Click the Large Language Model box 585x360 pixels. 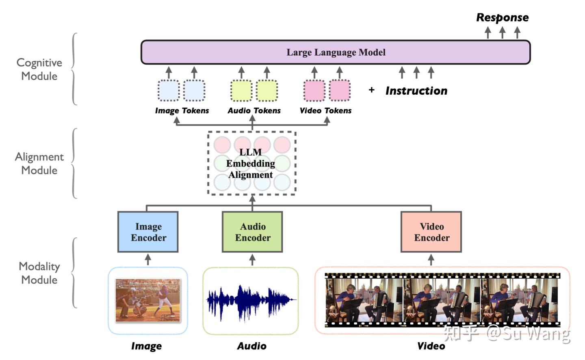click(x=336, y=52)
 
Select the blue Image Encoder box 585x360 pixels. click(x=148, y=232)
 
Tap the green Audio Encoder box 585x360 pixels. click(x=252, y=232)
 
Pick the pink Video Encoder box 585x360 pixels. click(x=431, y=232)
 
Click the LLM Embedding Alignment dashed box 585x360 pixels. click(x=252, y=163)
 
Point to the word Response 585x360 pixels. click(x=502, y=17)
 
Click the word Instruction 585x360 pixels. click(x=416, y=91)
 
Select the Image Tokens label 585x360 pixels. click(x=182, y=111)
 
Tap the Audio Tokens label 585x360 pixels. click(x=254, y=111)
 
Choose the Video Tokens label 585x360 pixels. click(x=325, y=111)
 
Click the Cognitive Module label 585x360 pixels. click(x=39, y=69)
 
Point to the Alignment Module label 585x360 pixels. click(x=39, y=163)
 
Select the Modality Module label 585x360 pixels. click(x=39, y=273)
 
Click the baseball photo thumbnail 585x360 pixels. click(x=148, y=300)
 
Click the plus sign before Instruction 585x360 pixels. click(x=371, y=90)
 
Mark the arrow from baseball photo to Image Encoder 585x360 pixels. click(x=148, y=259)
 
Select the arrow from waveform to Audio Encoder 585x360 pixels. click(x=252, y=259)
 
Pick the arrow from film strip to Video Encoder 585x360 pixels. click(x=431, y=259)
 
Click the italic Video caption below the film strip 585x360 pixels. click(x=431, y=346)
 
